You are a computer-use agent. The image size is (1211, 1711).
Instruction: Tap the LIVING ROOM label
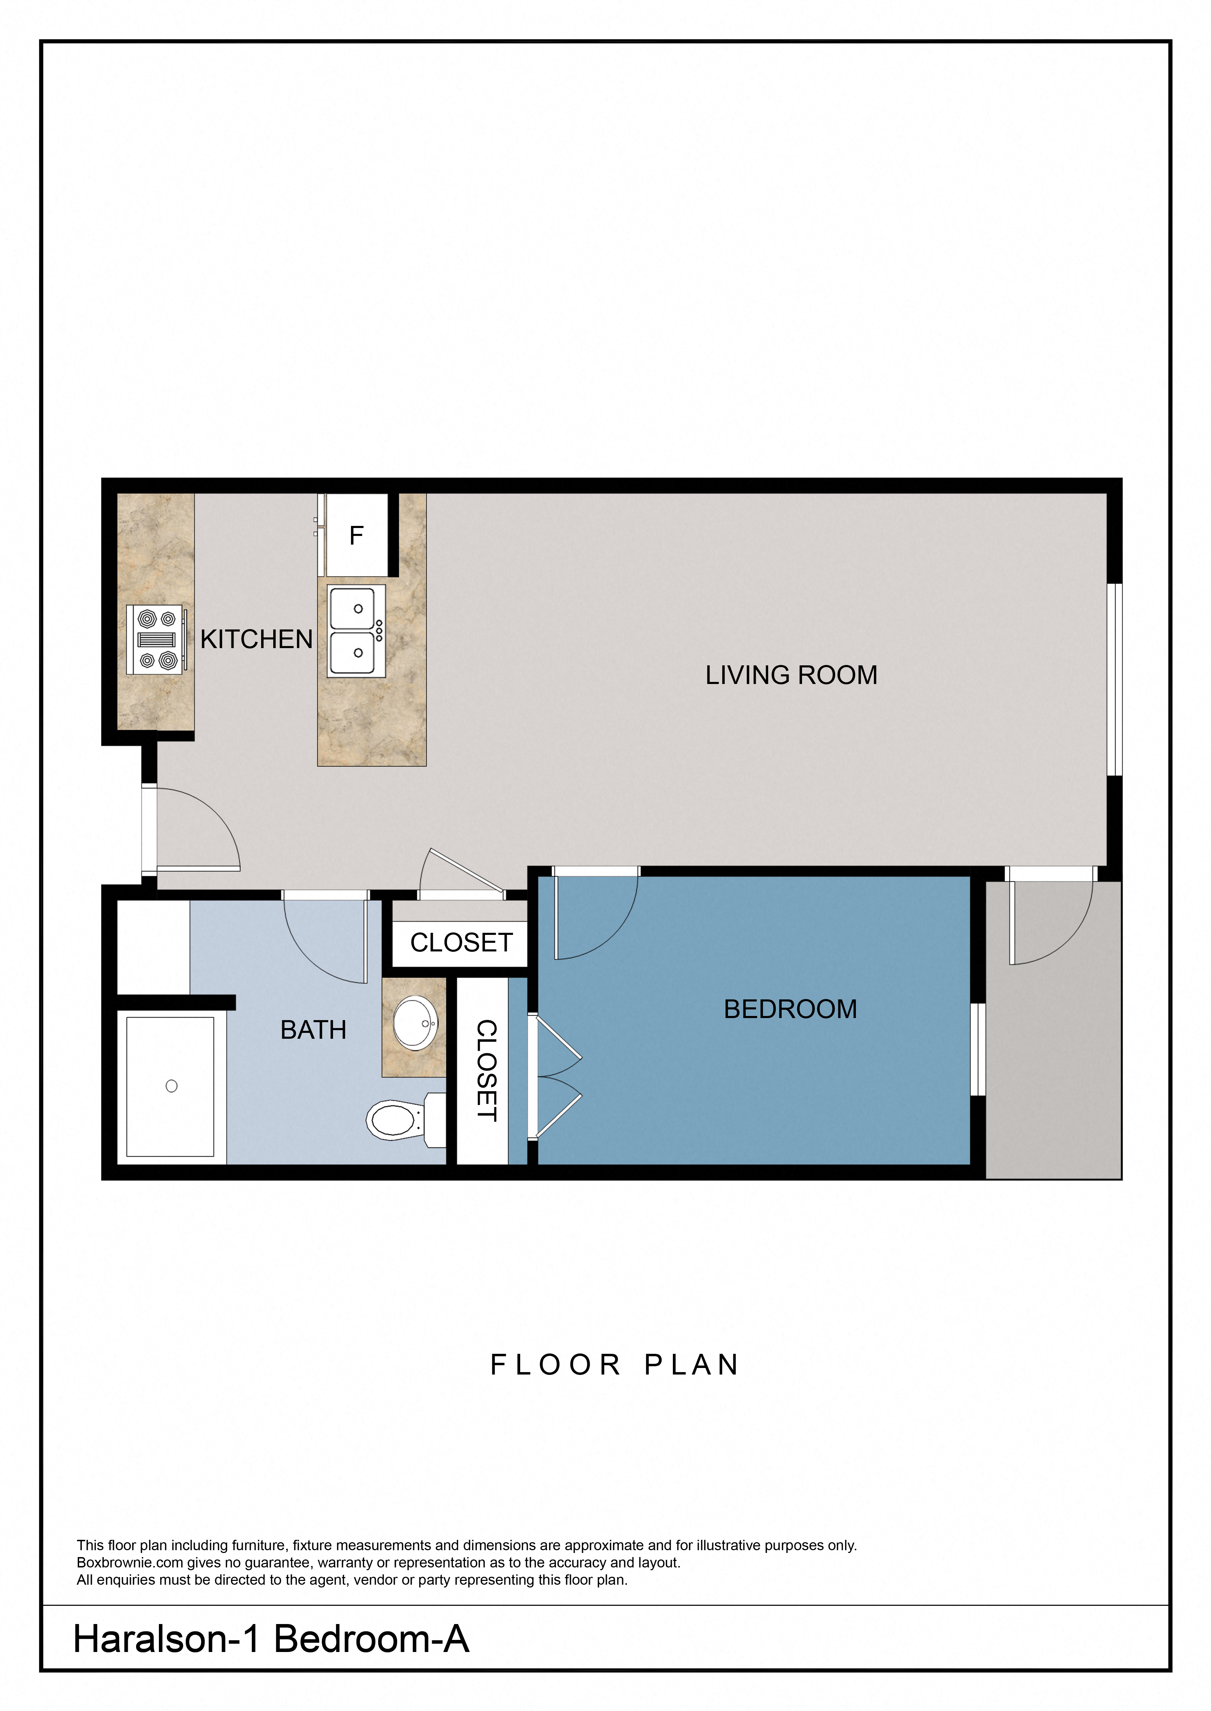coord(791,675)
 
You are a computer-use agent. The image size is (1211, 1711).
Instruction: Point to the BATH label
coord(313,1030)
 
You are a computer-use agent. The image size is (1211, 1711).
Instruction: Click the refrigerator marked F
coord(356,535)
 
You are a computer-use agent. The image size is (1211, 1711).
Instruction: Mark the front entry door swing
coord(198,827)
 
